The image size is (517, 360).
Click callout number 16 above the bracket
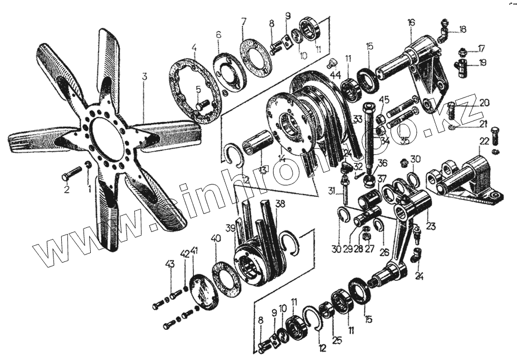point(411,23)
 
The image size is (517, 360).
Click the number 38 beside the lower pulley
point(280,204)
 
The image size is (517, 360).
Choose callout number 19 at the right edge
point(482,63)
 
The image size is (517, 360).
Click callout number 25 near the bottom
point(335,340)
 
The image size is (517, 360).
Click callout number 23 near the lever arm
point(431,226)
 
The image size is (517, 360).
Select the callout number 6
point(219,35)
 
